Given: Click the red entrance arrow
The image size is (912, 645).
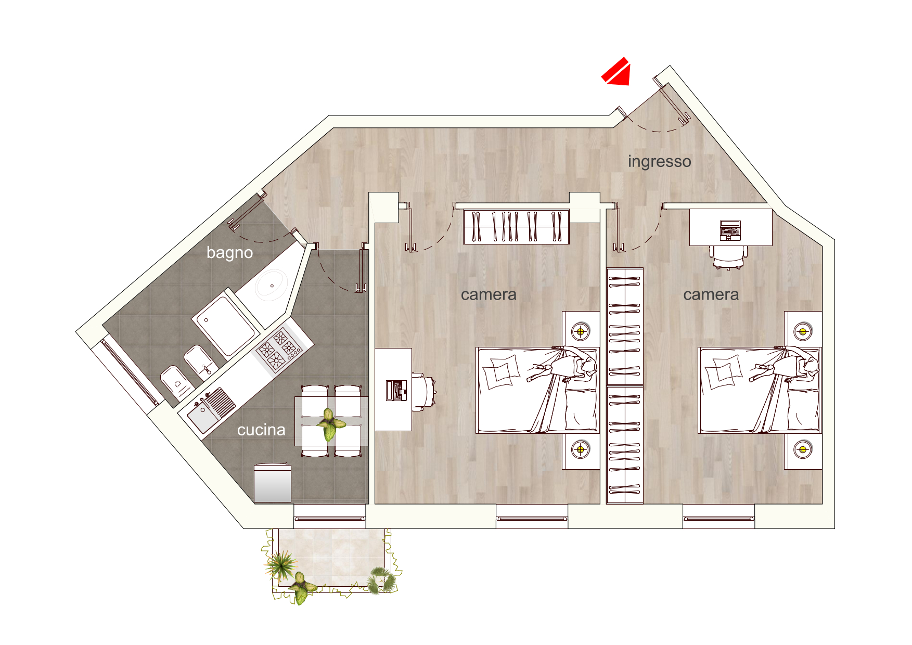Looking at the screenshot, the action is pos(617,72).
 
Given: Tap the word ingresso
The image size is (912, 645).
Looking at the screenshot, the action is pos(659,162).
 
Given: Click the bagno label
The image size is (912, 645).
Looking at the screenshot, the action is pos(229,253).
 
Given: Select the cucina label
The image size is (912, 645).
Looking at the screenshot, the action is pos(261,430).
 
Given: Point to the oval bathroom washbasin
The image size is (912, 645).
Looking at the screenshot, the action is pos(271,285).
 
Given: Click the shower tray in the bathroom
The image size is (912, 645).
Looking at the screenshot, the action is pos(226,326).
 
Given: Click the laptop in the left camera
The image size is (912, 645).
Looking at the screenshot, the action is pos(396,390).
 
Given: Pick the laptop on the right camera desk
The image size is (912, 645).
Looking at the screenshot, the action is pos(730,230).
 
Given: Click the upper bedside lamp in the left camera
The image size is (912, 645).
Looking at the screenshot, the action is pos(581,331).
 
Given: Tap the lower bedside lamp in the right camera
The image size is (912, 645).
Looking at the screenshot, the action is pos(803,449).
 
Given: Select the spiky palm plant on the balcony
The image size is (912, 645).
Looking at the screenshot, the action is pos(281,565).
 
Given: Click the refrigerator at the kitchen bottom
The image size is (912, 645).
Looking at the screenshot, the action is pos(272,483).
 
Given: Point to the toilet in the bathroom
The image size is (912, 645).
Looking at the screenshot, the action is pos(177,383).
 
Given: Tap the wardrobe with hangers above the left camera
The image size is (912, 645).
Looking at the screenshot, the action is pos(516,227).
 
